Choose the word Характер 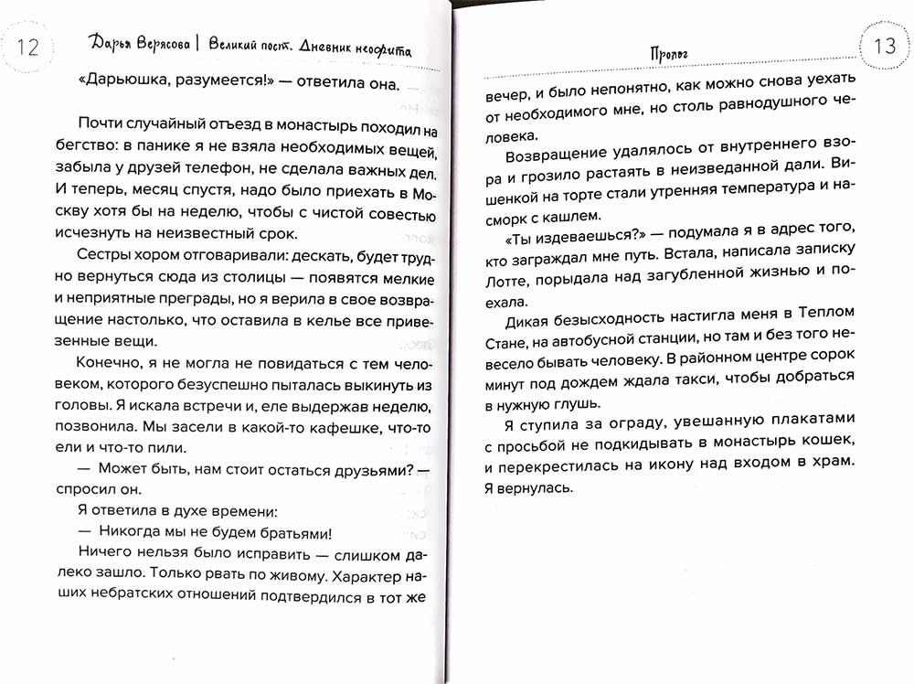coord(365,577)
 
